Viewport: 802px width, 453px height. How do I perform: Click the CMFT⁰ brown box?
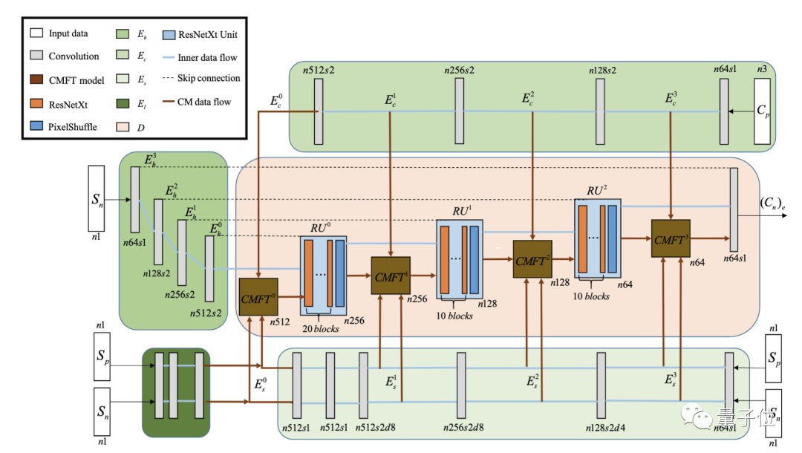(258, 298)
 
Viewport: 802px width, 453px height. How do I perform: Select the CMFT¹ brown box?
(391, 276)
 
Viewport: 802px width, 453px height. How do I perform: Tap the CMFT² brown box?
(532, 259)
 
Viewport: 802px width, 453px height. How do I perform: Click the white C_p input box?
(764, 112)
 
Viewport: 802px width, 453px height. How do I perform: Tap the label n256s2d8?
(465, 428)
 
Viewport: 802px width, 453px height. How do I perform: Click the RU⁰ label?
(321, 226)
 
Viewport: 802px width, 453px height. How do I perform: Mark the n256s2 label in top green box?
(460, 71)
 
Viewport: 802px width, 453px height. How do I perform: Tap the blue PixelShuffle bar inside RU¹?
(475, 260)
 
